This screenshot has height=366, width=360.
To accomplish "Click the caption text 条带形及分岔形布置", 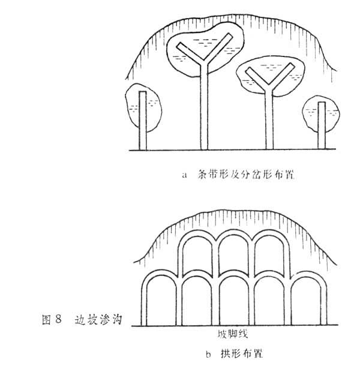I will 245,176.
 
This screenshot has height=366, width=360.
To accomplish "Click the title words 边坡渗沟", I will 100,319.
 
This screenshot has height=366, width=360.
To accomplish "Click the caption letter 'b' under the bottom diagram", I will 208,354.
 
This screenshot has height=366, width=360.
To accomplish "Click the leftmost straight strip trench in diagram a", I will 142,120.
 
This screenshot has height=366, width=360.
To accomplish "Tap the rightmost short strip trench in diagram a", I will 321,126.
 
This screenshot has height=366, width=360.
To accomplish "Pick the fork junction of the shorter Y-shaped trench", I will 268,88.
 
